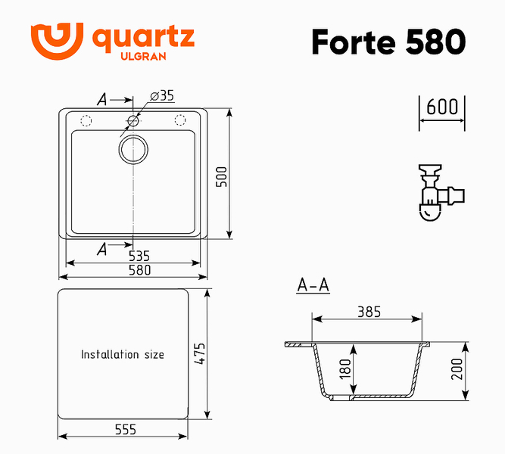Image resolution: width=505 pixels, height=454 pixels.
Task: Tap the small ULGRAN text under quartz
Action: (143, 56)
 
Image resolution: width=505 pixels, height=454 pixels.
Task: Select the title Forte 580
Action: (388, 42)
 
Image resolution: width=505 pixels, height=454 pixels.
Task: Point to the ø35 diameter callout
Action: (162, 95)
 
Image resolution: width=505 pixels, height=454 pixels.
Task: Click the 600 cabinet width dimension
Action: (442, 107)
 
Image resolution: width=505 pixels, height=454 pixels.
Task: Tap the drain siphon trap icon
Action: (441, 192)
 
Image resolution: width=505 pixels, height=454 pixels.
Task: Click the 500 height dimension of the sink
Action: (222, 177)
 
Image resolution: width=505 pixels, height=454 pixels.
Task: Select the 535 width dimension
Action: (139, 257)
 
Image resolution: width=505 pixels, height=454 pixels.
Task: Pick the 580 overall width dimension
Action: (140, 270)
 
